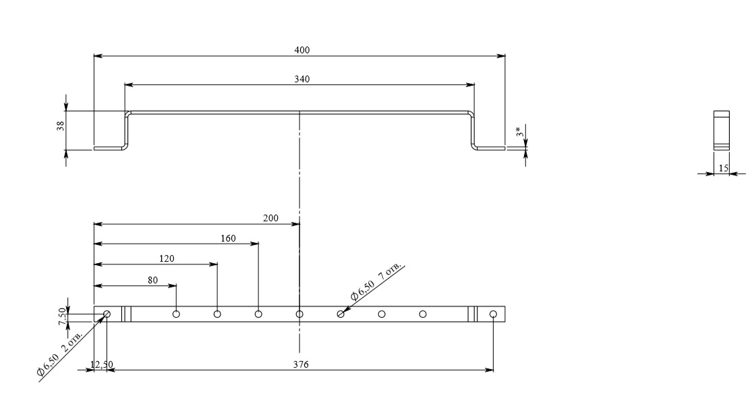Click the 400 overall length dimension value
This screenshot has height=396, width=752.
(x=301, y=50)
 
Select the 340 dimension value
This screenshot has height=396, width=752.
(x=301, y=79)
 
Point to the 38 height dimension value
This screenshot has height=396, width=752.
(x=61, y=126)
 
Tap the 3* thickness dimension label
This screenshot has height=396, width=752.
(x=519, y=132)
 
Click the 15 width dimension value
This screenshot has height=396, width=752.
(x=724, y=168)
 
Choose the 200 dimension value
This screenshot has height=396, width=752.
(x=270, y=218)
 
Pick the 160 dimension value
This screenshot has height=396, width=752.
(x=228, y=238)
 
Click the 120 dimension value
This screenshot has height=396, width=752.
(x=167, y=258)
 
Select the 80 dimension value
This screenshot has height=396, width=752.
(x=152, y=280)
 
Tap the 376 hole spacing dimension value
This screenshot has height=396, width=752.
(x=301, y=364)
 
